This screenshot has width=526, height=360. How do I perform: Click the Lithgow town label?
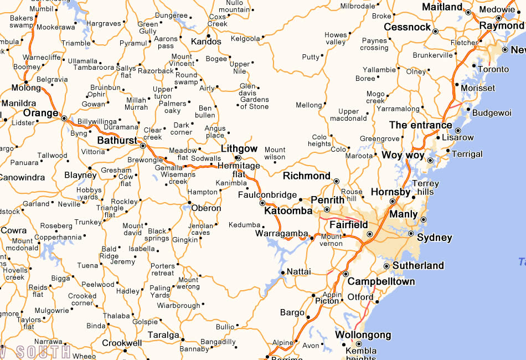239,148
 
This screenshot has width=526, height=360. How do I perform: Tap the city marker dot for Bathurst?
143,146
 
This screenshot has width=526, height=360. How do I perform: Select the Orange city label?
40,113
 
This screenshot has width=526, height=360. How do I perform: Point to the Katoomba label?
288,211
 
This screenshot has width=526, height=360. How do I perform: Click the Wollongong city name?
363,335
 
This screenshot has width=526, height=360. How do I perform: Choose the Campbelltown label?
381,281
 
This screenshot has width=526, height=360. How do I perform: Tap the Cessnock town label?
407,27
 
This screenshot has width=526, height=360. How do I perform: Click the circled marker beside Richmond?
336,181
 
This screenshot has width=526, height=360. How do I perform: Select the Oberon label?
206,209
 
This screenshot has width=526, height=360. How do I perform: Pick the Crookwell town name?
122,343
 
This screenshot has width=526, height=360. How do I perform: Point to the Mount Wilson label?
275,153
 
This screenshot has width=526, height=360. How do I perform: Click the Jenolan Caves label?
200,229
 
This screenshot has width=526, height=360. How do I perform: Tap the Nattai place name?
298,272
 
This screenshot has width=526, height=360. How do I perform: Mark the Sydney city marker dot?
411,234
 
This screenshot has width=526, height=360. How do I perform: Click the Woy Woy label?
403,155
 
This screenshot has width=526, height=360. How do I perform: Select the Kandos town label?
206,42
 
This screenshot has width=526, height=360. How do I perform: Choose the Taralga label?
163,335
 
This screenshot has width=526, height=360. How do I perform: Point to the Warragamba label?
281,234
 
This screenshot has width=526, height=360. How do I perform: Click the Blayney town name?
80,175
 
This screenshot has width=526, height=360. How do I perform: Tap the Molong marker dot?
26,82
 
